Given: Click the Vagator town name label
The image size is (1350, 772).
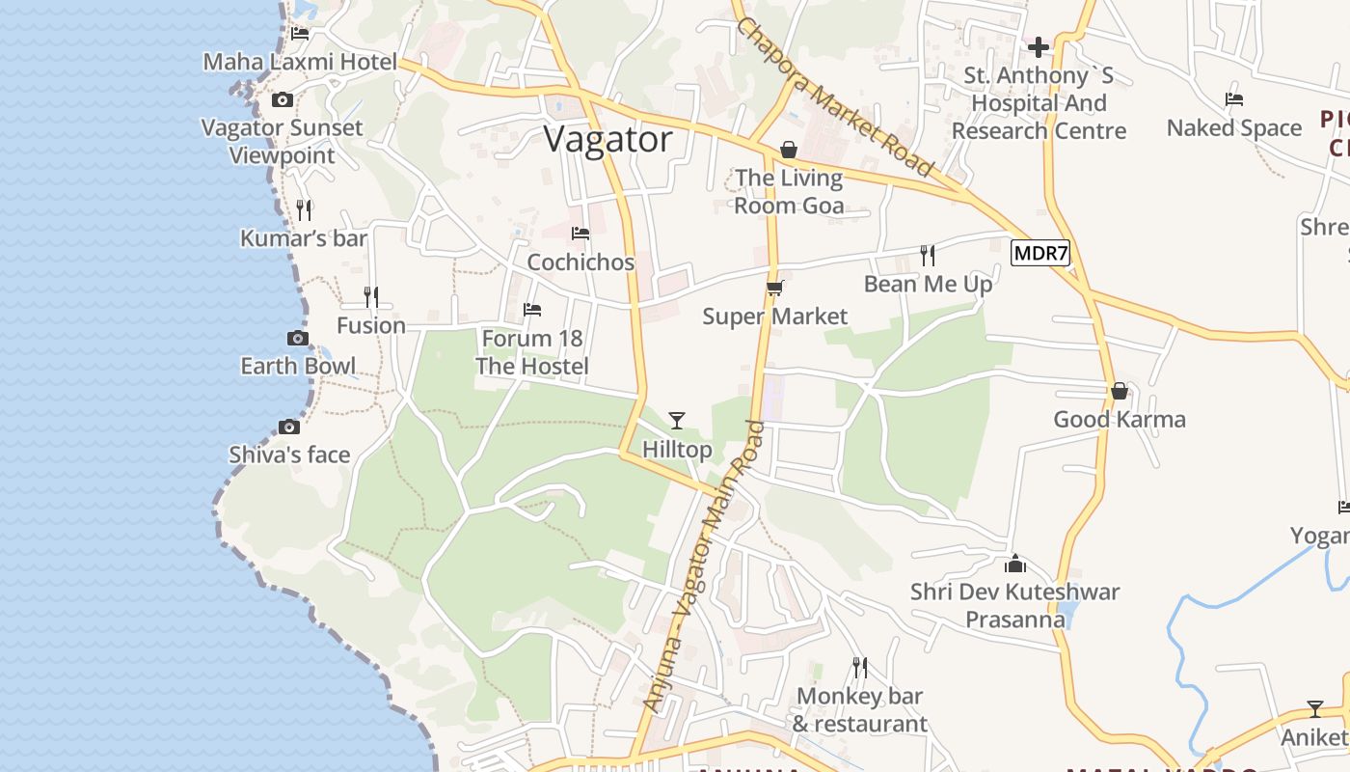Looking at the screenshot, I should pyautogui.click(x=607, y=140).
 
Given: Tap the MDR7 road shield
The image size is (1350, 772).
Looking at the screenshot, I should pyautogui.click(x=1040, y=254).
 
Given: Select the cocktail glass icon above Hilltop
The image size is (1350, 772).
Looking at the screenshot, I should pyautogui.click(x=677, y=420).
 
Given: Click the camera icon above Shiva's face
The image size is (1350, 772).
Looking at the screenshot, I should pyautogui.click(x=288, y=427).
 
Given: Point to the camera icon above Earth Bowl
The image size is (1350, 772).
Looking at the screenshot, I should pyautogui.click(x=298, y=338).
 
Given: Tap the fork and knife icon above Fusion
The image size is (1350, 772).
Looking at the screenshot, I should pyautogui.click(x=370, y=296).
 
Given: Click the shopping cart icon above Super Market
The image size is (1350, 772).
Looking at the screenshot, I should pyautogui.click(x=774, y=288).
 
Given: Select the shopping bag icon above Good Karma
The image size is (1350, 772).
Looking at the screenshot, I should pyautogui.click(x=1119, y=391).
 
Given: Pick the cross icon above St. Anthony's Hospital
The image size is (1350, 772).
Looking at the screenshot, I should pyautogui.click(x=1039, y=46).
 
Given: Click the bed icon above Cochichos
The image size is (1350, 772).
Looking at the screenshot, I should pyautogui.click(x=580, y=234).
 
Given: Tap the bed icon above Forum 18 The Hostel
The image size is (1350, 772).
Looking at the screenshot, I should pyautogui.click(x=531, y=310).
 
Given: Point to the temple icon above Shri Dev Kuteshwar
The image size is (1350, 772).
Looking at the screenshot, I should pyautogui.click(x=1014, y=564).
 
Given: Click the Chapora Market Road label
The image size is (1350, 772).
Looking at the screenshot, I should pyautogui.click(x=835, y=97).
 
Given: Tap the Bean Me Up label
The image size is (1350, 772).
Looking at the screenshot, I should pyautogui.click(x=928, y=284).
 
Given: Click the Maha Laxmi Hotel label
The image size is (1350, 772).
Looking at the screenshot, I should pyautogui.click(x=300, y=63).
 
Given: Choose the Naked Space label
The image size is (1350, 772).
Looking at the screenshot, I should pyautogui.click(x=1234, y=128).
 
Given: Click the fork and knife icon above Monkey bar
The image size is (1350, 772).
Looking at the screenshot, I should pyautogui.click(x=859, y=667).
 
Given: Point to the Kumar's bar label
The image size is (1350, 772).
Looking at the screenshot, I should pyautogui.click(x=304, y=237).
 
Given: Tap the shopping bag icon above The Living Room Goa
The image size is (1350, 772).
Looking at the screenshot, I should pyautogui.click(x=789, y=150).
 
